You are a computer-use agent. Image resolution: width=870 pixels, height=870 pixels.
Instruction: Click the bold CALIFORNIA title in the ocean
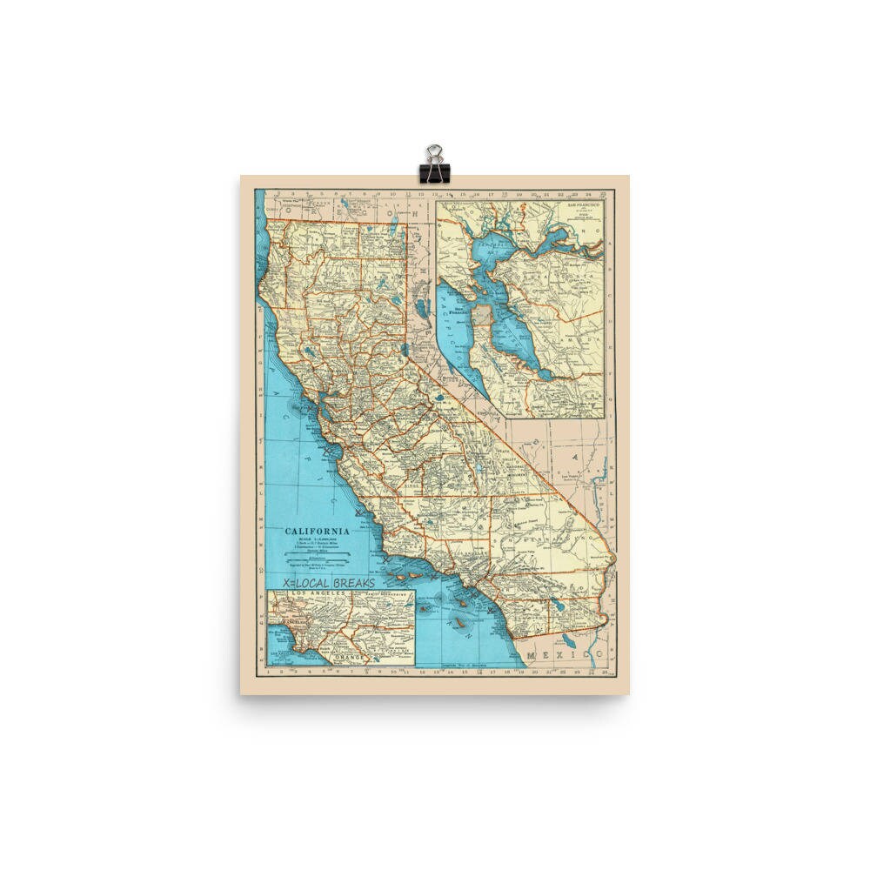[318, 530]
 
